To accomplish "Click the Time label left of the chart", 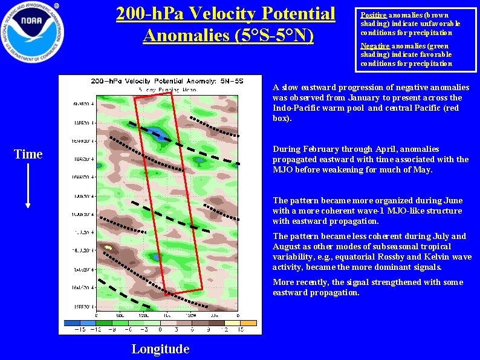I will pyautogui.click(x=28, y=154).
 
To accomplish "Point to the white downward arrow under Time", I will pyautogui.click(x=28, y=188).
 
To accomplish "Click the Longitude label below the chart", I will pyautogui.click(x=160, y=349).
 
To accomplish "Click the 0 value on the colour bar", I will pyautogui.click(x=160, y=330).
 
